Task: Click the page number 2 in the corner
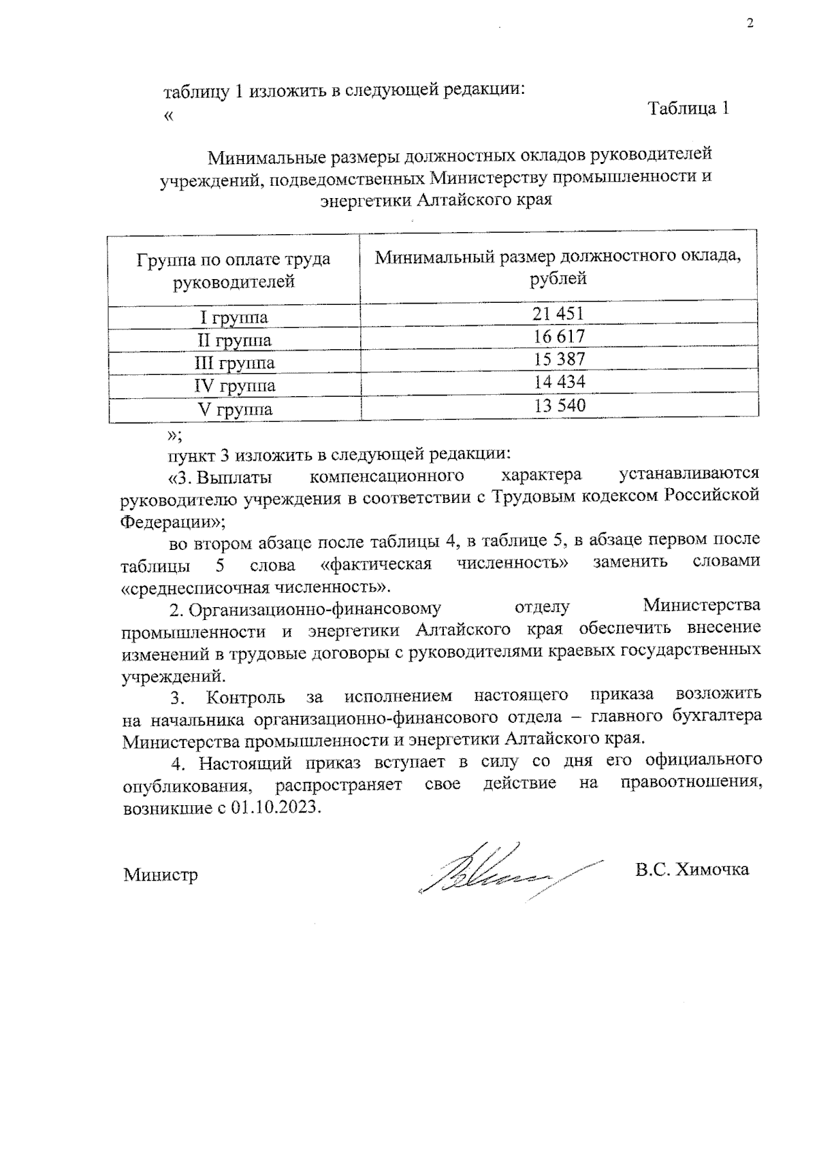point(750,25)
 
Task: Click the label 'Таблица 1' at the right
point(689,109)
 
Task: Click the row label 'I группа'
point(234,318)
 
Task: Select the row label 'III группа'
point(234,363)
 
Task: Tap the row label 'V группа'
point(234,410)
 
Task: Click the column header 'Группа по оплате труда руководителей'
point(234,270)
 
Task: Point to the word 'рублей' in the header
point(558,278)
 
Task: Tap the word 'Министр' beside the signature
point(161,875)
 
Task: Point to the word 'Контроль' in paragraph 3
point(246,696)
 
